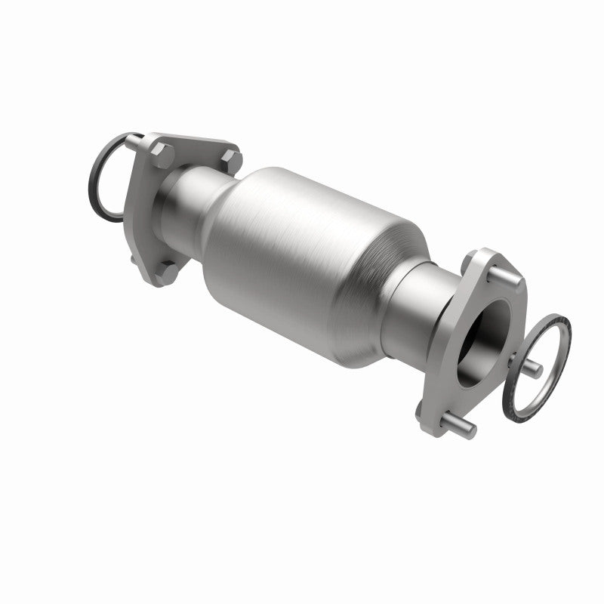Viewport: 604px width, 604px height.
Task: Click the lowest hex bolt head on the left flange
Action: tap(169, 271)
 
